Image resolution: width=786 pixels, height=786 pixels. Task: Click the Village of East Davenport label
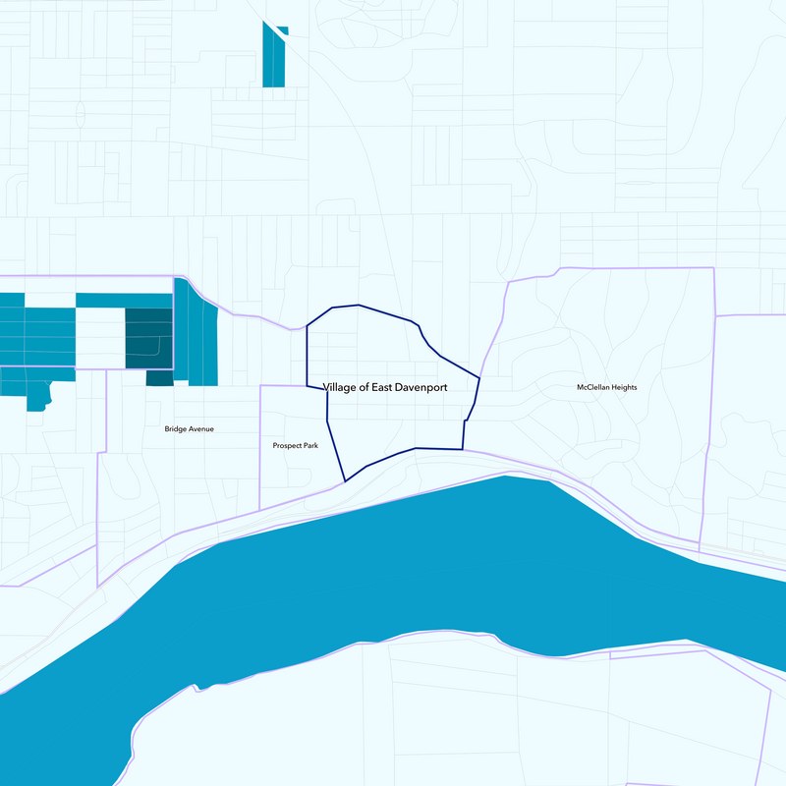[x=385, y=388]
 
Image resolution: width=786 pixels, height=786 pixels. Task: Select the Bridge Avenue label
[x=190, y=429]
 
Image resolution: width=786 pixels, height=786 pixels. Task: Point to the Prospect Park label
[x=296, y=446]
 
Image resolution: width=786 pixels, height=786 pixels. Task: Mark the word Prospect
[x=288, y=446]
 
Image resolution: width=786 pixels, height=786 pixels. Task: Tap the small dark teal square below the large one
[x=159, y=378]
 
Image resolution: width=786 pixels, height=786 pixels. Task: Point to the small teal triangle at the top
[x=284, y=29]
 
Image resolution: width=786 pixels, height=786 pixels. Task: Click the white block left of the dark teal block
[x=99, y=338]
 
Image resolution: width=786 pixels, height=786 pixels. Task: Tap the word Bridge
[x=177, y=429]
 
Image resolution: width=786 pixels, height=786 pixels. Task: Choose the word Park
[x=310, y=446]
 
